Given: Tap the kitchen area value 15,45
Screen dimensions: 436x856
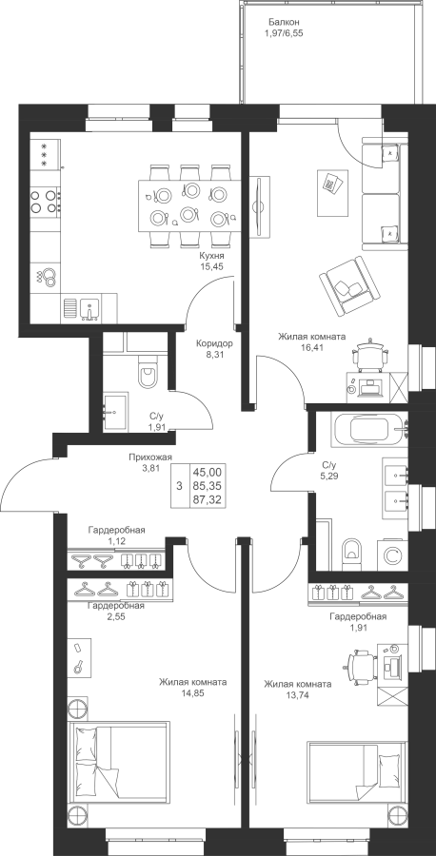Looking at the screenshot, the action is point(212,266).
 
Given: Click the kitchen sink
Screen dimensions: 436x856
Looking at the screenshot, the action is point(89,308).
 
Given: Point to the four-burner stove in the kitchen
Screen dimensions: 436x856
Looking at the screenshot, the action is point(45,201).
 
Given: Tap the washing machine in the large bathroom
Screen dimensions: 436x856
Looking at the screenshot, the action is point(392,555).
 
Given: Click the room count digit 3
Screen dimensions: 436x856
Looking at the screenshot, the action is point(179,486).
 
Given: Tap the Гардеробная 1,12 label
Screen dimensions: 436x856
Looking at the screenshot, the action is point(116,534).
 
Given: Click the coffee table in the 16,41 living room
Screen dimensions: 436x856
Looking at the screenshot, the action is point(333,191).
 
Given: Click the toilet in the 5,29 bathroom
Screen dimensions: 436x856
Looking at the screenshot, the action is point(352,553).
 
